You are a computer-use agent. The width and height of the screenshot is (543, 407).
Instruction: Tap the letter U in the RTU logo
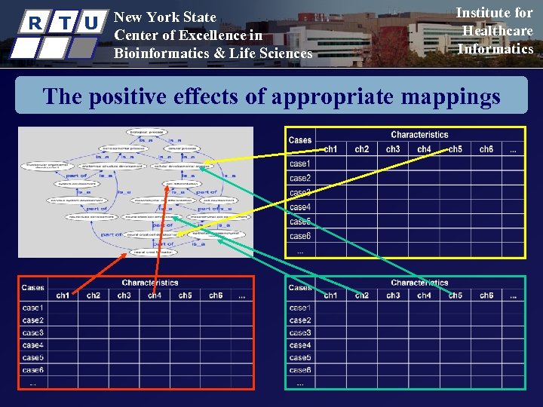tap(91, 23)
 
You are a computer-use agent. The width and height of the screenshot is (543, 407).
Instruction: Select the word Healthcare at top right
tap(497, 31)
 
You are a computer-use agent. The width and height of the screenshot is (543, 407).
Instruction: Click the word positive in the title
tap(129, 97)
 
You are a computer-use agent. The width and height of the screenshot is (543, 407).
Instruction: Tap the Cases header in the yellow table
tap(300, 140)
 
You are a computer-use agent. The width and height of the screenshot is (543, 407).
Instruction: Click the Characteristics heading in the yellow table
tap(419, 135)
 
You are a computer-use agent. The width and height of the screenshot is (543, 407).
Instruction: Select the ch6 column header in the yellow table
tap(486, 149)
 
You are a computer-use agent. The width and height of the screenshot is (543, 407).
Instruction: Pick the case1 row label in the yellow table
tap(300, 164)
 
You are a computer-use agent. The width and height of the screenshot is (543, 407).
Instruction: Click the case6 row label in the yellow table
tap(300, 236)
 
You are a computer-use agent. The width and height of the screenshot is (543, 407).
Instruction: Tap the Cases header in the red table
tap(33, 287)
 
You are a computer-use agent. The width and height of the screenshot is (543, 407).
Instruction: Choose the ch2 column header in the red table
tap(94, 295)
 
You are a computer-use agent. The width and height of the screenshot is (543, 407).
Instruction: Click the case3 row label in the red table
tap(33, 332)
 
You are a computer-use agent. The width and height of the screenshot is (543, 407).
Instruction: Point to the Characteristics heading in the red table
tap(150, 283)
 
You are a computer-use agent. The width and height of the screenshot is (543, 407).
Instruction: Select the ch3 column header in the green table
tap(393, 295)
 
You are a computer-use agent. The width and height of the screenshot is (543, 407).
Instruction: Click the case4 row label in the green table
tap(300, 345)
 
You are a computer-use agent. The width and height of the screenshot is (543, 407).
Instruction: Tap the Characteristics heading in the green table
tap(419, 283)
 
